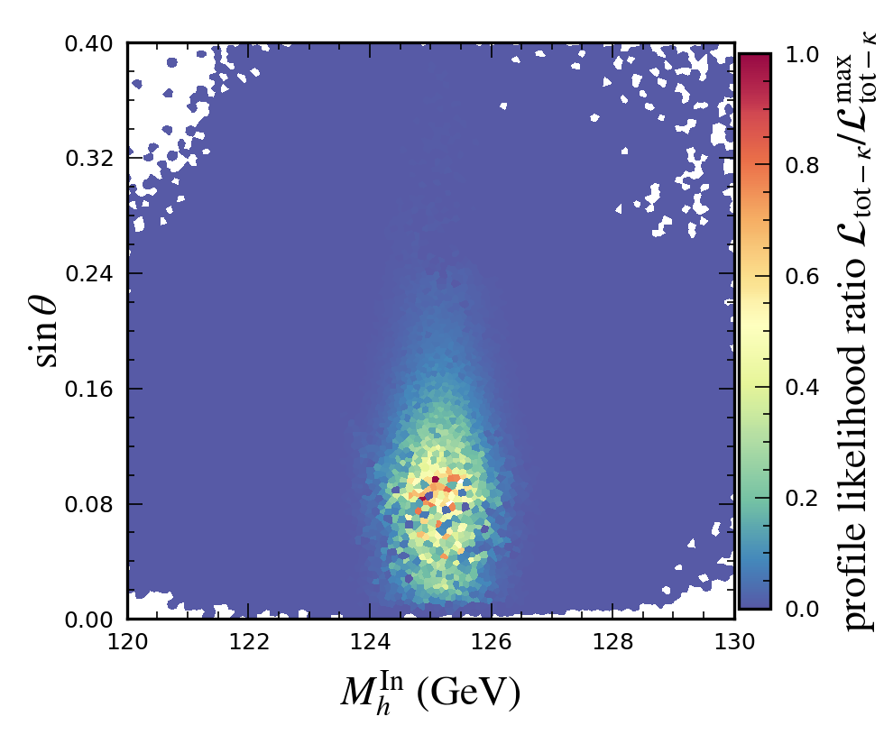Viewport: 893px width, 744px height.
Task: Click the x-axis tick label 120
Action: pyautogui.click(x=127, y=641)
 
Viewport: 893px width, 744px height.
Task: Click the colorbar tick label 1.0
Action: pyautogui.click(x=801, y=55)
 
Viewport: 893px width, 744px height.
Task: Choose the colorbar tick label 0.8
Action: pyautogui.click(x=801, y=166)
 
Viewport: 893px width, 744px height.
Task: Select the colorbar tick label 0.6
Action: pyautogui.click(x=801, y=277)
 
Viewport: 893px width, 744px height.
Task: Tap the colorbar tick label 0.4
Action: pyautogui.click(x=801, y=388)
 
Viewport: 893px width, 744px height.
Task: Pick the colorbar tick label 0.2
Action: pyautogui.click(x=801, y=499)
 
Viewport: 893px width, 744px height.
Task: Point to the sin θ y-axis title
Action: pyautogui.click(x=46, y=331)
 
